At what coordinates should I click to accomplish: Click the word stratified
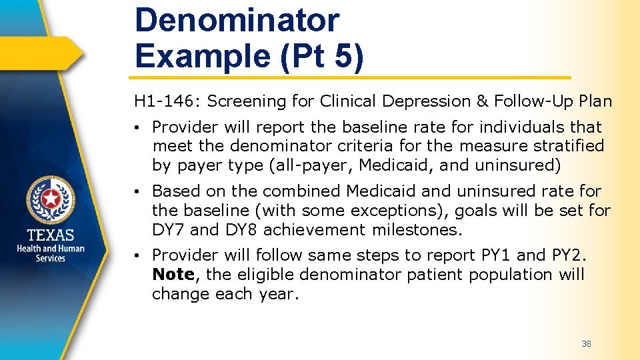[569, 146]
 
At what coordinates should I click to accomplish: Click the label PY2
[566, 255]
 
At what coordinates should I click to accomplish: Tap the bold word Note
[172, 275]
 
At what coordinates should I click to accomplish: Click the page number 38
[586, 344]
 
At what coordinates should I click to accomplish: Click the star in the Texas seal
[51, 199]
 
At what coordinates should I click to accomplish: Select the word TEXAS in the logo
[51, 234]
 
